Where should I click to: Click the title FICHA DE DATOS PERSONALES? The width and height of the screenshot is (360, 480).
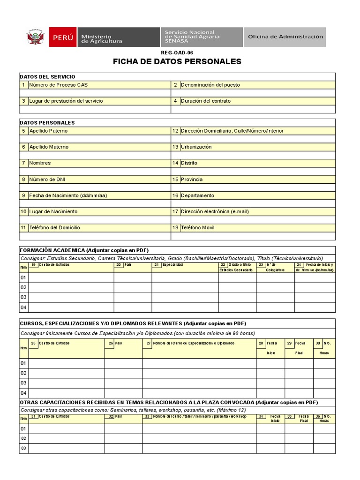(x=177, y=62)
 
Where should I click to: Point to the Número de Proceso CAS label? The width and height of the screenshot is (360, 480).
(x=58, y=85)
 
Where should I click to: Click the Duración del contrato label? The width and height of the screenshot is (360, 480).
(x=205, y=101)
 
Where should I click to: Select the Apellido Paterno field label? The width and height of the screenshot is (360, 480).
(x=48, y=131)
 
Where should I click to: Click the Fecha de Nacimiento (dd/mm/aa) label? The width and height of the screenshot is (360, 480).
(x=68, y=195)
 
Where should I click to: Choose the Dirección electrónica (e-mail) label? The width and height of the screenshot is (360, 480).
(x=215, y=211)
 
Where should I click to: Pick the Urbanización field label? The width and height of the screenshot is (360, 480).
(x=196, y=147)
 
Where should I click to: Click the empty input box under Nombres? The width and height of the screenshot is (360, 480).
(x=95, y=171)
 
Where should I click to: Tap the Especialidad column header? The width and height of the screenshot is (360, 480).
(x=172, y=265)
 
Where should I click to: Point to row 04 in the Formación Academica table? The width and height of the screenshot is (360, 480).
(x=23, y=307)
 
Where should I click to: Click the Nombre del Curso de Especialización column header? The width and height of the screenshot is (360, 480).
(x=193, y=343)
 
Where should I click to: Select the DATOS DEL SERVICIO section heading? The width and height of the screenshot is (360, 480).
(x=47, y=77)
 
